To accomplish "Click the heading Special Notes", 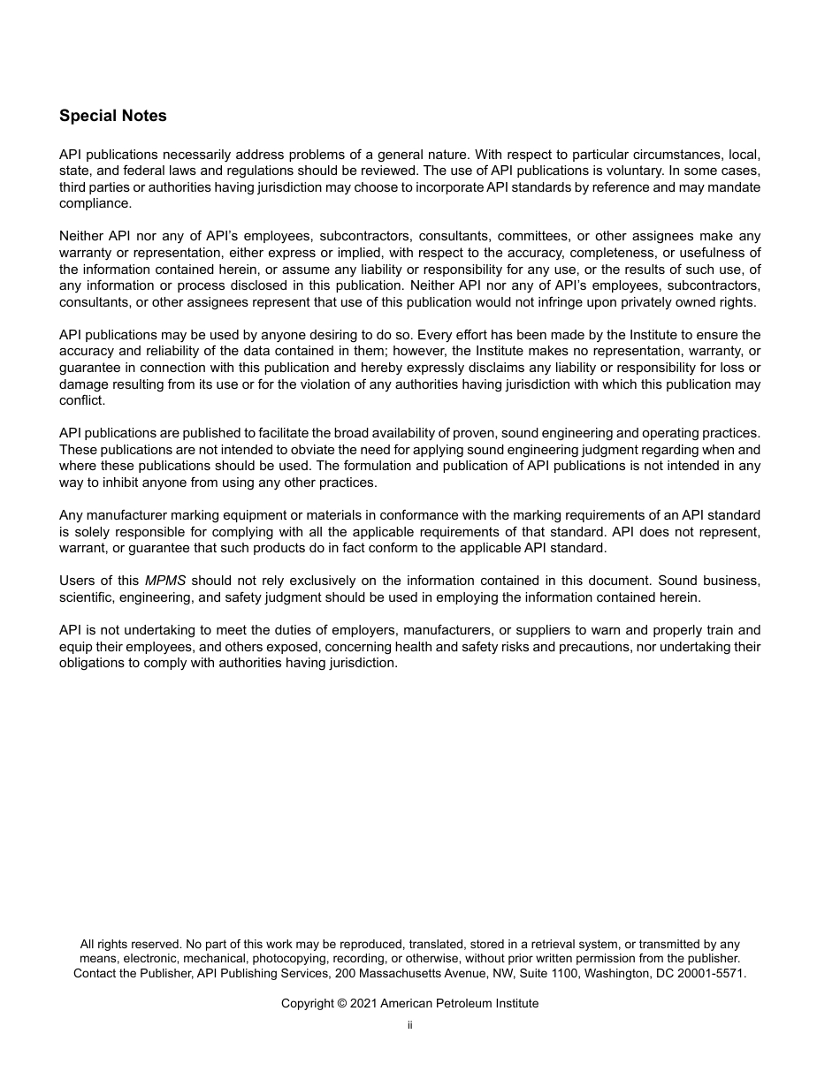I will pos(112,116).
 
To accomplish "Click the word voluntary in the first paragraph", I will pos(665,171).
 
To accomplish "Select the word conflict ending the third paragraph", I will pos(81,400).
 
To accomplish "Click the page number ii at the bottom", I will pos(410,1025).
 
